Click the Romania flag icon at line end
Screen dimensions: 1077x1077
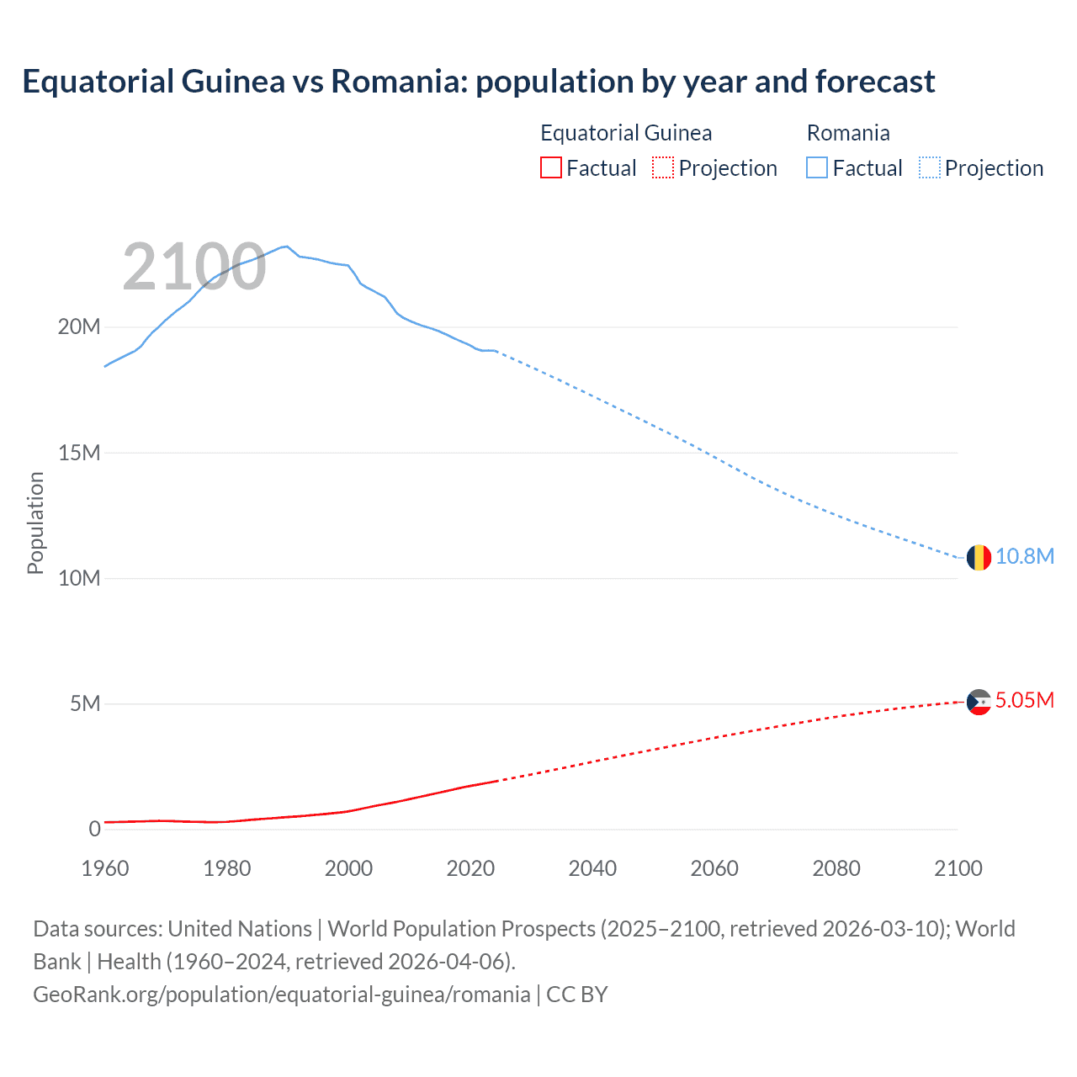979,557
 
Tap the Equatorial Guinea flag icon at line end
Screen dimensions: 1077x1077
979,702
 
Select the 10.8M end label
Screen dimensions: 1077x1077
1024,557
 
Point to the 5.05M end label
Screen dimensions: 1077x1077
1024,701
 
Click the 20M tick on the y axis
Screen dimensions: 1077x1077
78,327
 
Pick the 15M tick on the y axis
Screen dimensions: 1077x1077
78,454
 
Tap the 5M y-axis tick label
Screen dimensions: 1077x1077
84,704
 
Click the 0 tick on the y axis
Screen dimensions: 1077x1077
94,830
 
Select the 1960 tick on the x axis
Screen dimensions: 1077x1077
105,868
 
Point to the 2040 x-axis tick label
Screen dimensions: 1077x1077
592,868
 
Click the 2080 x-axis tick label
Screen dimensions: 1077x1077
836,868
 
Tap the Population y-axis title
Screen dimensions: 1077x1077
35,523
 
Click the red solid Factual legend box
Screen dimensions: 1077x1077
550,168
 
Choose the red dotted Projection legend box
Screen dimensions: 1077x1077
663,168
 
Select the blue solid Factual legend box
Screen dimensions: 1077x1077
817,168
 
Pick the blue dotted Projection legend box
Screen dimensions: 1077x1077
930,168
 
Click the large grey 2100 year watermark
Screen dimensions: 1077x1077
194,268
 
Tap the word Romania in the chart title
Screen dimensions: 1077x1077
397,82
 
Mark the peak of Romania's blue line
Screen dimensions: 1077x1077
287,247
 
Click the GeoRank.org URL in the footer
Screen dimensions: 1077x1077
281,995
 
